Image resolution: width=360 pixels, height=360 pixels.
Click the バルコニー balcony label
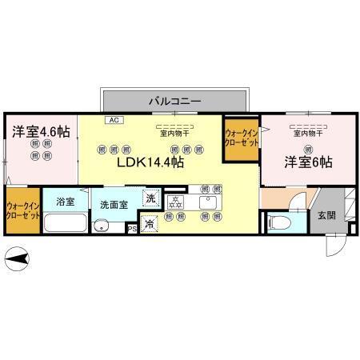(174, 101)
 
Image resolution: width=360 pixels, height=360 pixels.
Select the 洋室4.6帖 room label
(38, 130)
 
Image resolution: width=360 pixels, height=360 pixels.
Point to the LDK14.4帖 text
(152, 162)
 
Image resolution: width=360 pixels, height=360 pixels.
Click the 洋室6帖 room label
(308, 162)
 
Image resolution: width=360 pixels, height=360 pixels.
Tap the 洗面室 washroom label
(114, 205)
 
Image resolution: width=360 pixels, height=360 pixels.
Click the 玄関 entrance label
(326, 214)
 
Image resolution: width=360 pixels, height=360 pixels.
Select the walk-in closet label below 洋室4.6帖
(23, 211)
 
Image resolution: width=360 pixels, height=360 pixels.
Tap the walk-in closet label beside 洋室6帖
(242, 138)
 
